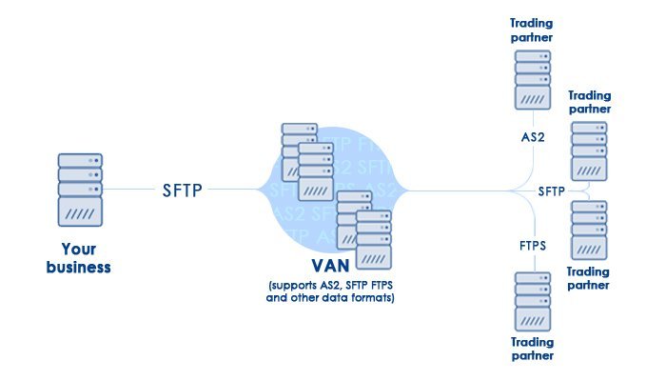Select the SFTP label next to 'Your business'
coord(181,190)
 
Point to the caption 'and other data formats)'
coord(331,298)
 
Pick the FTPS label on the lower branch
coord(533,246)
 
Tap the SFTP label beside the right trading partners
coord(552,190)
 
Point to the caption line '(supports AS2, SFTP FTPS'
coord(331,286)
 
